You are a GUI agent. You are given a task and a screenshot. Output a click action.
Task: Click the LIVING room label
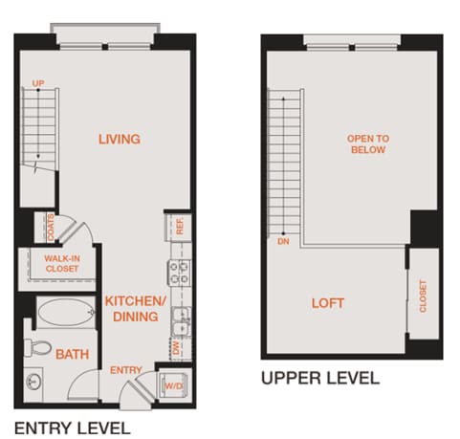120,140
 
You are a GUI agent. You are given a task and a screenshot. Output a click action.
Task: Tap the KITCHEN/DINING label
136,308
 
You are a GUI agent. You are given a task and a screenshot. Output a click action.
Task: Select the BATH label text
72,354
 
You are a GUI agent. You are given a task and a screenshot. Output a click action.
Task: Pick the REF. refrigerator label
179,227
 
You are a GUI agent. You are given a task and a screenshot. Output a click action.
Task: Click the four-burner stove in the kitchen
178,274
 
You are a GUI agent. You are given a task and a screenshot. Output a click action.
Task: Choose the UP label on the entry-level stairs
39,85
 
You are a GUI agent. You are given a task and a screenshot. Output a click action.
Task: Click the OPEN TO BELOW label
366,144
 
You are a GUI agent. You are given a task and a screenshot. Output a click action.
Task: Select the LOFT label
328,303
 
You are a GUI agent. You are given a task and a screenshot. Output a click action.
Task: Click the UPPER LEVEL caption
320,378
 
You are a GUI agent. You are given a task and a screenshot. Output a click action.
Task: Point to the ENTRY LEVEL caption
72,426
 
